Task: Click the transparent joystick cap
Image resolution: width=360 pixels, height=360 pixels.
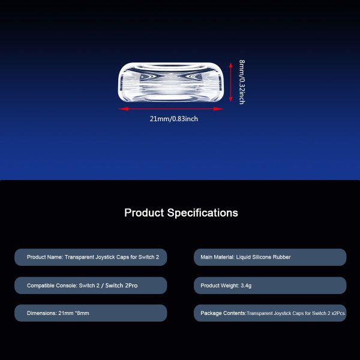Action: pyautogui.click(x=170, y=82)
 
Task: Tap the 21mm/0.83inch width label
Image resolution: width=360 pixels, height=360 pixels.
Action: pyautogui.click(x=174, y=119)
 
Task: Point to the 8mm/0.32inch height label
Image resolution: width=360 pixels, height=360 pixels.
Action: pyautogui.click(x=242, y=82)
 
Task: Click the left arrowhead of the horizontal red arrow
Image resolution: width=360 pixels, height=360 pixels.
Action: pyautogui.click(x=124, y=109)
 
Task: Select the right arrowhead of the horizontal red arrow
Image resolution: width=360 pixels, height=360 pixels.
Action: pyautogui.click(x=218, y=109)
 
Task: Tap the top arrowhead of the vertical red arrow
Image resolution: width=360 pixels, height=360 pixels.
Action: pyautogui.click(x=231, y=65)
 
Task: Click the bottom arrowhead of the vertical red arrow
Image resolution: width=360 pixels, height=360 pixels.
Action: pyautogui.click(x=231, y=99)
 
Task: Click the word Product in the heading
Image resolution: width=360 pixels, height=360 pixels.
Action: pyautogui.click(x=144, y=212)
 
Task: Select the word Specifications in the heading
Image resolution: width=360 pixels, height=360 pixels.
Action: pyautogui.click(x=203, y=213)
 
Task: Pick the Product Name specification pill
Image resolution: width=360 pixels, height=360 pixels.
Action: pyautogui.click(x=91, y=257)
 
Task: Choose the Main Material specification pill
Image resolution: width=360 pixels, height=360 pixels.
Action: pyautogui.click(x=270, y=257)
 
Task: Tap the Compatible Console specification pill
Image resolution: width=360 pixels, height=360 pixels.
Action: pyautogui.click(x=91, y=286)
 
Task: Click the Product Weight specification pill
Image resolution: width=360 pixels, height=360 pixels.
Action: pyautogui.click(x=270, y=286)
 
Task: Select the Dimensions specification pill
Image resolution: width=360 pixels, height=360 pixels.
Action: pyautogui.click(x=91, y=313)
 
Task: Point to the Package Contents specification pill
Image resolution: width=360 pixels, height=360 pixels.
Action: pyautogui.click(x=270, y=313)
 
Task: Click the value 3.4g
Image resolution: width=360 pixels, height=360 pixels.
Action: pyautogui.click(x=246, y=286)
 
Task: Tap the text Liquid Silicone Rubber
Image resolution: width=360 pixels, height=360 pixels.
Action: pyautogui.click(x=263, y=257)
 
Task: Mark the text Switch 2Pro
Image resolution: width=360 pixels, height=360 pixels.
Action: pyautogui.click(x=121, y=286)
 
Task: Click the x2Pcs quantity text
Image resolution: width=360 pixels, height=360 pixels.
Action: pyautogui.click(x=338, y=313)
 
